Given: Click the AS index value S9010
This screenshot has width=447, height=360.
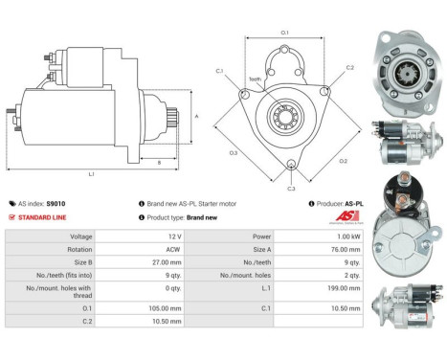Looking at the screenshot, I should [x=56, y=204].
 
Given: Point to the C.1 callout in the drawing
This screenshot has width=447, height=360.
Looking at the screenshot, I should [x=219, y=71].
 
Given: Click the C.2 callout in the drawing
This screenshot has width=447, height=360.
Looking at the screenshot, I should [x=349, y=68].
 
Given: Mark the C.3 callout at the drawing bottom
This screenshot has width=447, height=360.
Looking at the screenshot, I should [x=291, y=189].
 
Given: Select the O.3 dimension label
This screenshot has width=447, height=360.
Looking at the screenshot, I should [x=234, y=152].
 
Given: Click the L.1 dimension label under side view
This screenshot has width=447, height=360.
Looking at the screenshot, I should [x=91, y=172].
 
